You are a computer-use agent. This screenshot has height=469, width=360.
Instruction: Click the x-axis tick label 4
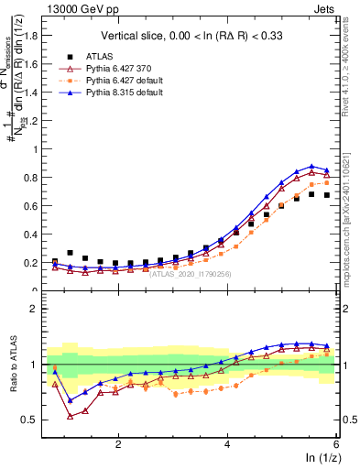[x=228, y=443]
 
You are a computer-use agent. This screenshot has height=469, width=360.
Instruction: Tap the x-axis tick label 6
[x=336, y=443]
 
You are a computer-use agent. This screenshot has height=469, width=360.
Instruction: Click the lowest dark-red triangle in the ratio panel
[x=70, y=416]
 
